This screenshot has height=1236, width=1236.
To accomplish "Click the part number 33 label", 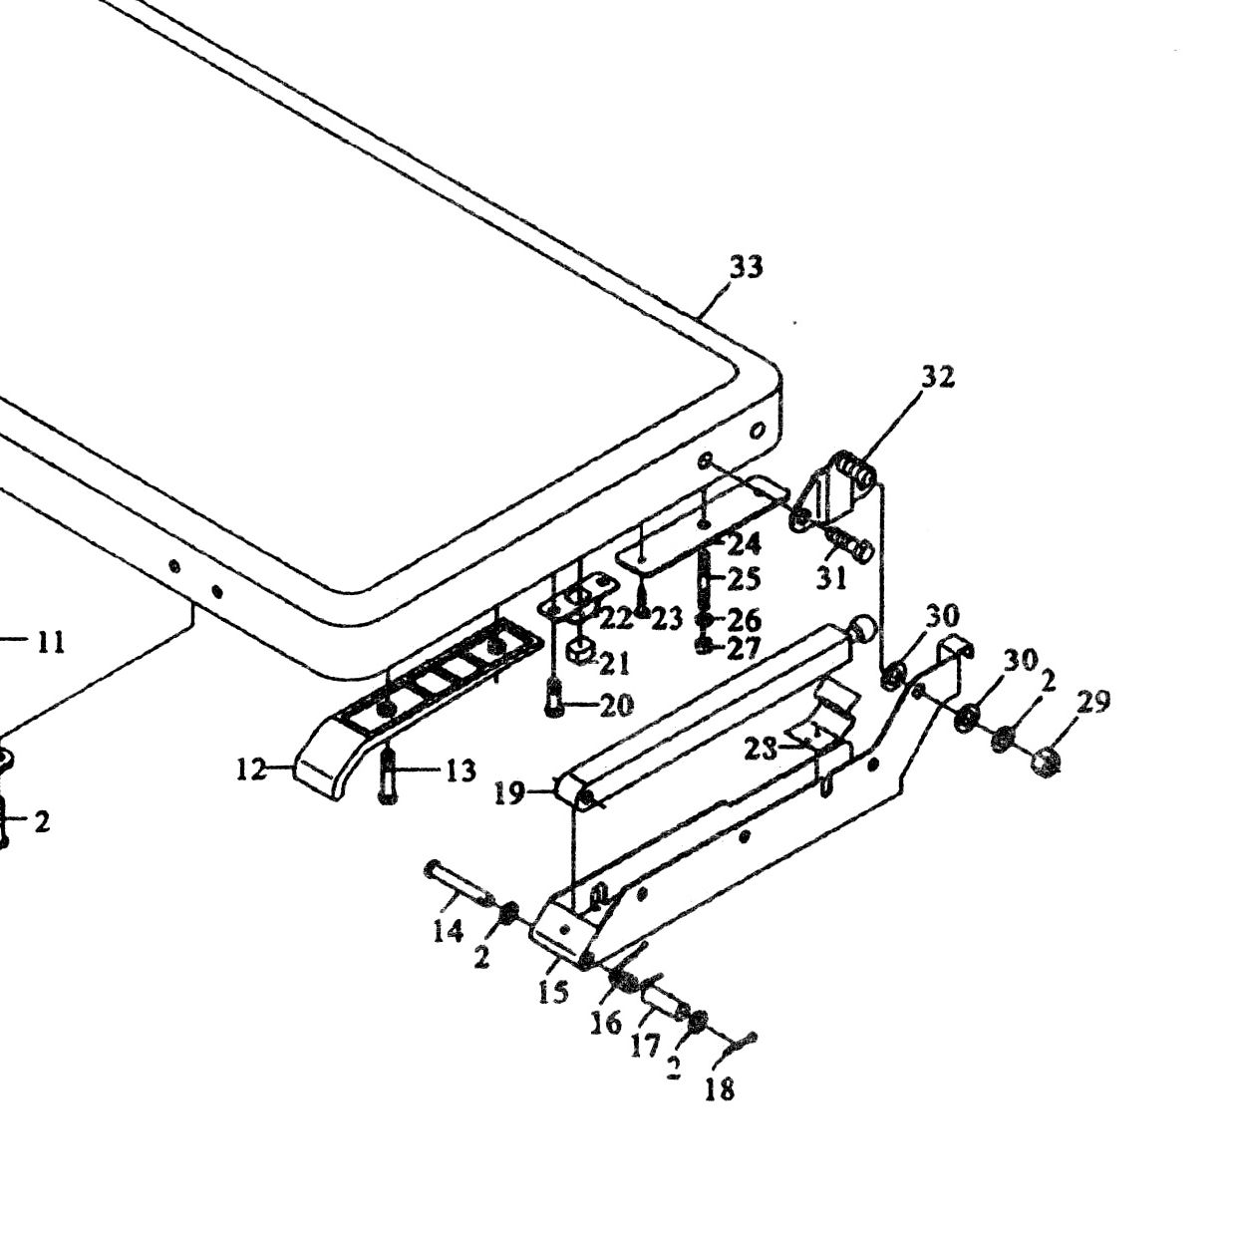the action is point(747,266).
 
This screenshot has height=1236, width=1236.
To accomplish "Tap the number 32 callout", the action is point(938,377).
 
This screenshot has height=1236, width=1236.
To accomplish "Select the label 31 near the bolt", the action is point(832,579).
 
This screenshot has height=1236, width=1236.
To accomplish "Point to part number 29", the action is point(1093,703).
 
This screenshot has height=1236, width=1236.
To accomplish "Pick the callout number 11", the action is point(51,642).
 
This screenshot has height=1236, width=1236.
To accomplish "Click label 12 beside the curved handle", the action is point(251,771).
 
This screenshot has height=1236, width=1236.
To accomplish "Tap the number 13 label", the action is point(461,771).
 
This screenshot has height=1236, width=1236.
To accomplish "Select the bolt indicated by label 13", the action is point(387,774).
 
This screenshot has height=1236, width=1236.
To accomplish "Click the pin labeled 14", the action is point(460,884).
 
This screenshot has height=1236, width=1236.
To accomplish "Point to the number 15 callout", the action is point(553,992).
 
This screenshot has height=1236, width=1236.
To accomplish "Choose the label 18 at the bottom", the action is point(719,1089).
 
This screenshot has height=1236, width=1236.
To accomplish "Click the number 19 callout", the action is point(509,794).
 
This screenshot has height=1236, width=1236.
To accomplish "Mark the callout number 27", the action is point(744,649).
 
